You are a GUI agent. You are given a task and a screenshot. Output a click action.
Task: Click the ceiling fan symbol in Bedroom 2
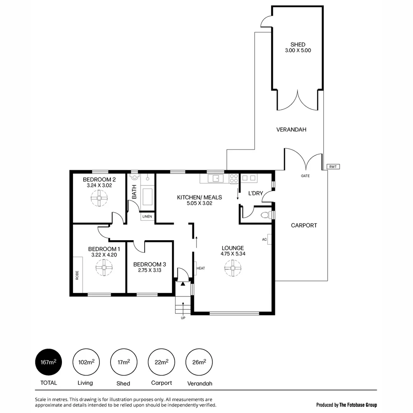[x=99, y=198]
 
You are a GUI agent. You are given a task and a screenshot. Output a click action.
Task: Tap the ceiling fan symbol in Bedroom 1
[x=104, y=267]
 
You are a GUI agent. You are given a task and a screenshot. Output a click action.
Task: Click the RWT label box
[x=333, y=167]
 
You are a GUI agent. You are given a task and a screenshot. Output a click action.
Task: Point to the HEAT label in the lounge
[x=201, y=268]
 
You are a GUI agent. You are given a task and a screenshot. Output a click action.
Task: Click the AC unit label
[x=264, y=239]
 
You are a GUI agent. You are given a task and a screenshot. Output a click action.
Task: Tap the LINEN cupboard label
[x=147, y=217]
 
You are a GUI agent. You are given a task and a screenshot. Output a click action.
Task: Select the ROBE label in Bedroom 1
[x=77, y=275]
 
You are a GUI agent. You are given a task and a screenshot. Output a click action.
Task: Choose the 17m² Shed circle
[x=124, y=362]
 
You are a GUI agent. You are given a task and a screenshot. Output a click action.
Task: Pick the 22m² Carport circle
[x=161, y=362]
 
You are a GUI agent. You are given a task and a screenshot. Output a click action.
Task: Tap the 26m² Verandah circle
[x=199, y=362]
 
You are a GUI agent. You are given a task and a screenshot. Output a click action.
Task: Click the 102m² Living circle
[x=86, y=362]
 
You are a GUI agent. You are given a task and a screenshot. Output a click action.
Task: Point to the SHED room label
[x=298, y=44]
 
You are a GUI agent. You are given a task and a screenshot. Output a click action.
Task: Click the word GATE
[x=305, y=176]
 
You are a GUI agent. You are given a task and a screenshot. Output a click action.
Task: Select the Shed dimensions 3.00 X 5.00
[x=298, y=50]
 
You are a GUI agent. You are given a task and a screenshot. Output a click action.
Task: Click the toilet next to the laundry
[x=265, y=215]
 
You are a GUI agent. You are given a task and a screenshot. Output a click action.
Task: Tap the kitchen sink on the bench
[x=215, y=178]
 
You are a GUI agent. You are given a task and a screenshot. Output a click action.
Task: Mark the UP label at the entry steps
[x=183, y=317]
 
